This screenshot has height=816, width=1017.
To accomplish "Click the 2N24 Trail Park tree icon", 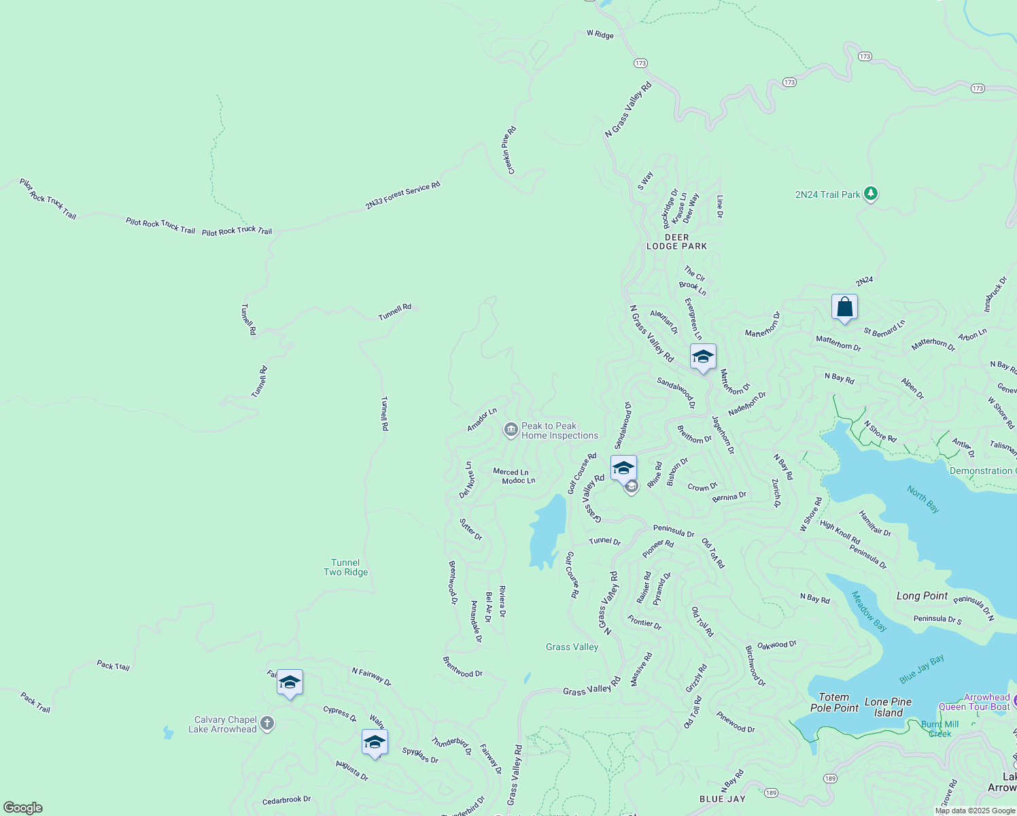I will pyautogui.click(x=871, y=194).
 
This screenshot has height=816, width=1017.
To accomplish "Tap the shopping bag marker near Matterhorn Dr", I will pyautogui.click(x=844, y=307).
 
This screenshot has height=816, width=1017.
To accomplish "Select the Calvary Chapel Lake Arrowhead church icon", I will pyautogui.click(x=267, y=724).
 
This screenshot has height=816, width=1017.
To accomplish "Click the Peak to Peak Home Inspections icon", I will pyautogui.click(x=511, y=430).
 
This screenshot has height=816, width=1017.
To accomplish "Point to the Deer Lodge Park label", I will pyautogui.click(x=676, y=242).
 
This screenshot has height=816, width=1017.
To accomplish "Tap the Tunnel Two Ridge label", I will pyautogui.click(x=345, y=567).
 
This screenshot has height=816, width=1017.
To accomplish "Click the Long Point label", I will pyautogui.click(x=922, y=596).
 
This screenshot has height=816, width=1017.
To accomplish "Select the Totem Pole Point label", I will pyautogui.click(x=834, y=702).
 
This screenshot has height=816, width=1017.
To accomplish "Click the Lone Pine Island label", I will pyautogui.click(x=888, y=707).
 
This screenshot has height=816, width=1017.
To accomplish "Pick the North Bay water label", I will pyautogui.click(x=923, y=498).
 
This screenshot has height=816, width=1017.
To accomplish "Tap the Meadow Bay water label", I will pyautogui.click(x=869, y=611).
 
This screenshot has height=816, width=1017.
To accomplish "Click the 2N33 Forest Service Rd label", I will pyautogui.click(x=402, y=195).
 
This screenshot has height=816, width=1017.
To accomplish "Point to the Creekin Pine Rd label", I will pyautogui.click(x=508, y=150).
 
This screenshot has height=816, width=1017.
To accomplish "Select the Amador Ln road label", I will pyautogui.click(x=481, y=420).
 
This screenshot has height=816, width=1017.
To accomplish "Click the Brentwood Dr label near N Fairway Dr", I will pyautogui.click(x=462, y=667).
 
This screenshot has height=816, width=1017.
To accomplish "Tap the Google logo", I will pyautogui.click(x=23, y=808).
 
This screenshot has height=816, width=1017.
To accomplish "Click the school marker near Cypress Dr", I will pyautogui.click(x=290, y=683).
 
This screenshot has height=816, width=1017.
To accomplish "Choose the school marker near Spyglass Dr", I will pyautogui.click(x=375, y=743).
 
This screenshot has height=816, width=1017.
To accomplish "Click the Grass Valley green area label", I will pyautogui.click(x=572, y=647).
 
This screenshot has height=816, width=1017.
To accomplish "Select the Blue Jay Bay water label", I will pyautogui.click(x=921, y=669).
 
